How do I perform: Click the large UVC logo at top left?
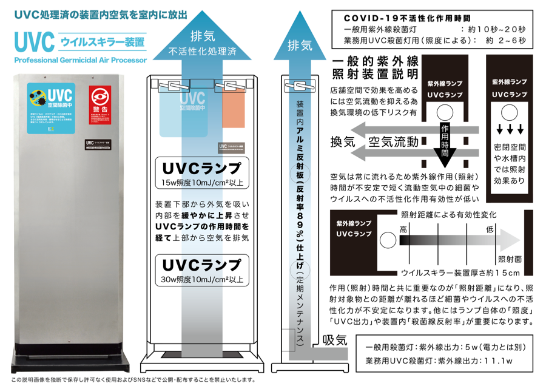coord(36,42)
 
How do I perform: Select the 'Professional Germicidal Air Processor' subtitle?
coord(80,61)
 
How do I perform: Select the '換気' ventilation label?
coord(343,142)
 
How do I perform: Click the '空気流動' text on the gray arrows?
coord(394,142)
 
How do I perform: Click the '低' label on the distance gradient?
coord(489,229)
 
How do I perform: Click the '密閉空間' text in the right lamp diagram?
coord(509,147)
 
